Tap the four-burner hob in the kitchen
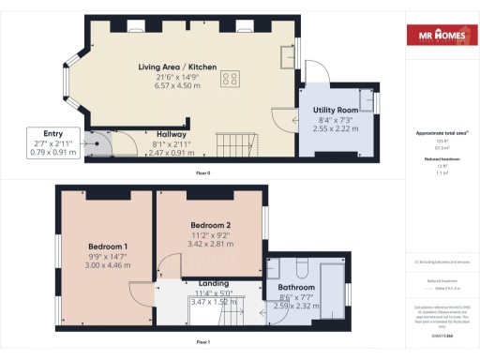coord(230,80)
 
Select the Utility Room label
coord(337,111)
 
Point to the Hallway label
coord(171,134)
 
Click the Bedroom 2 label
coord(211,226)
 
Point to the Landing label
coord(215,282)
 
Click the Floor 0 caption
coord(202,174)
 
